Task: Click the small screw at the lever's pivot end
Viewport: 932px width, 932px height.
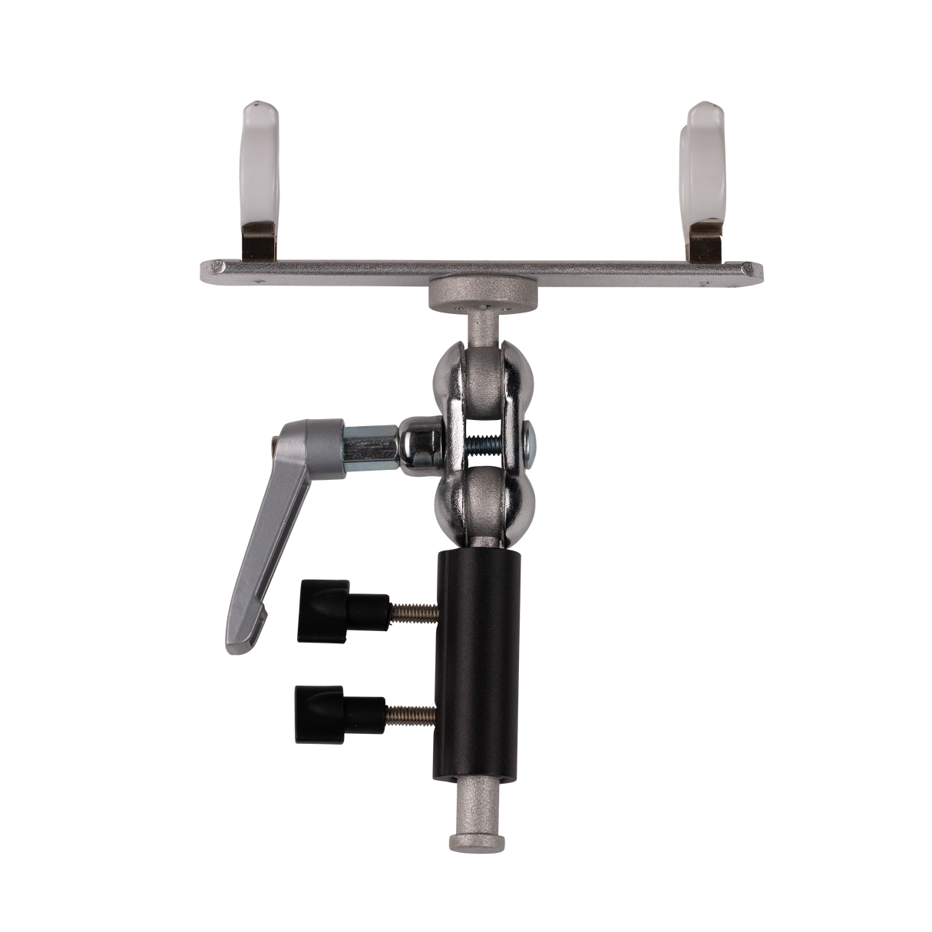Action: (276, 441)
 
